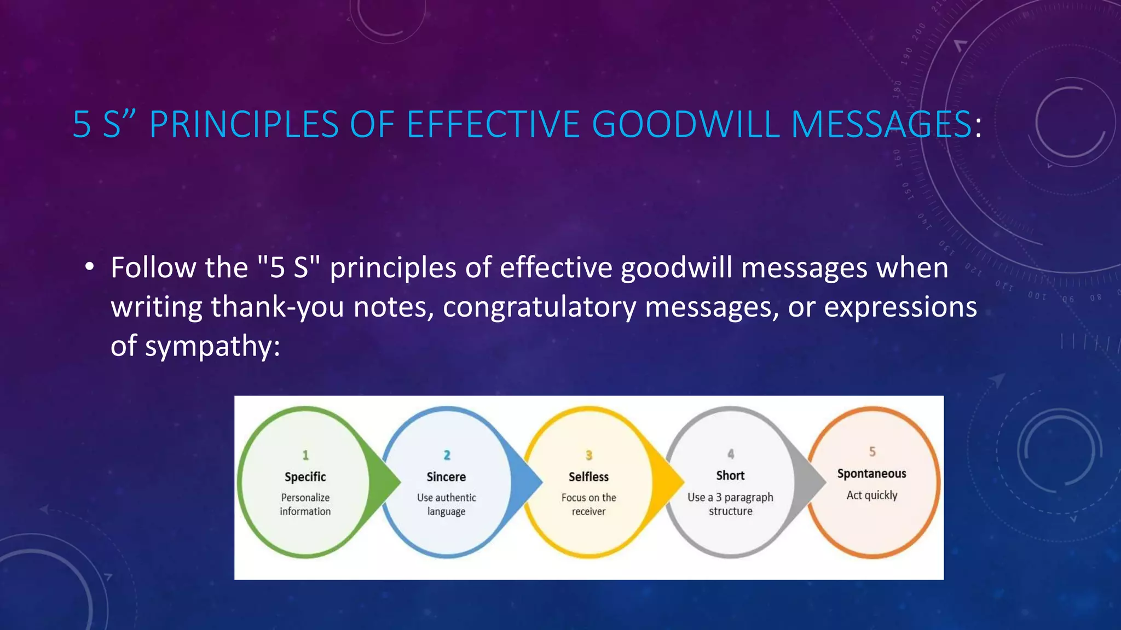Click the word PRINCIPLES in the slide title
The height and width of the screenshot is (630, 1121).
[x=244, y=124]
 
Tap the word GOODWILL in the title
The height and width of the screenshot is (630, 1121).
[x=685, y=124]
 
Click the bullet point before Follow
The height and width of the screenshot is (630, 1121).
[x=90, y=267]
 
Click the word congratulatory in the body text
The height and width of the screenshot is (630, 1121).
[x=539, y=307]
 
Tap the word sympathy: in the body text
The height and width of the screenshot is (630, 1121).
[x=212, y=346]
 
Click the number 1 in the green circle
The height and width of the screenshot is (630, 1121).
[x=305, y=455]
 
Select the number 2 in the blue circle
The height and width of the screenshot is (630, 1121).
[x=447, y=455]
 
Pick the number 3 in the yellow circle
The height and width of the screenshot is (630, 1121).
[x=589, y=455]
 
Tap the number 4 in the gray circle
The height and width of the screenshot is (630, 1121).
[x=731, y=454]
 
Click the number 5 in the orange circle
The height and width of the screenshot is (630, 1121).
[x=872, y=452]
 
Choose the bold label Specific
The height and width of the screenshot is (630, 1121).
[x=305, y=477]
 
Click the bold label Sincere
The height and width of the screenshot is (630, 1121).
[x=447, y=477]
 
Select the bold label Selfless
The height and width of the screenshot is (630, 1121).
[x=589, y=477]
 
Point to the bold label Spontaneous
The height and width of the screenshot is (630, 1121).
[x=872, y=474]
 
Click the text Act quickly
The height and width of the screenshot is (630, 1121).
[x=872, y=495]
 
